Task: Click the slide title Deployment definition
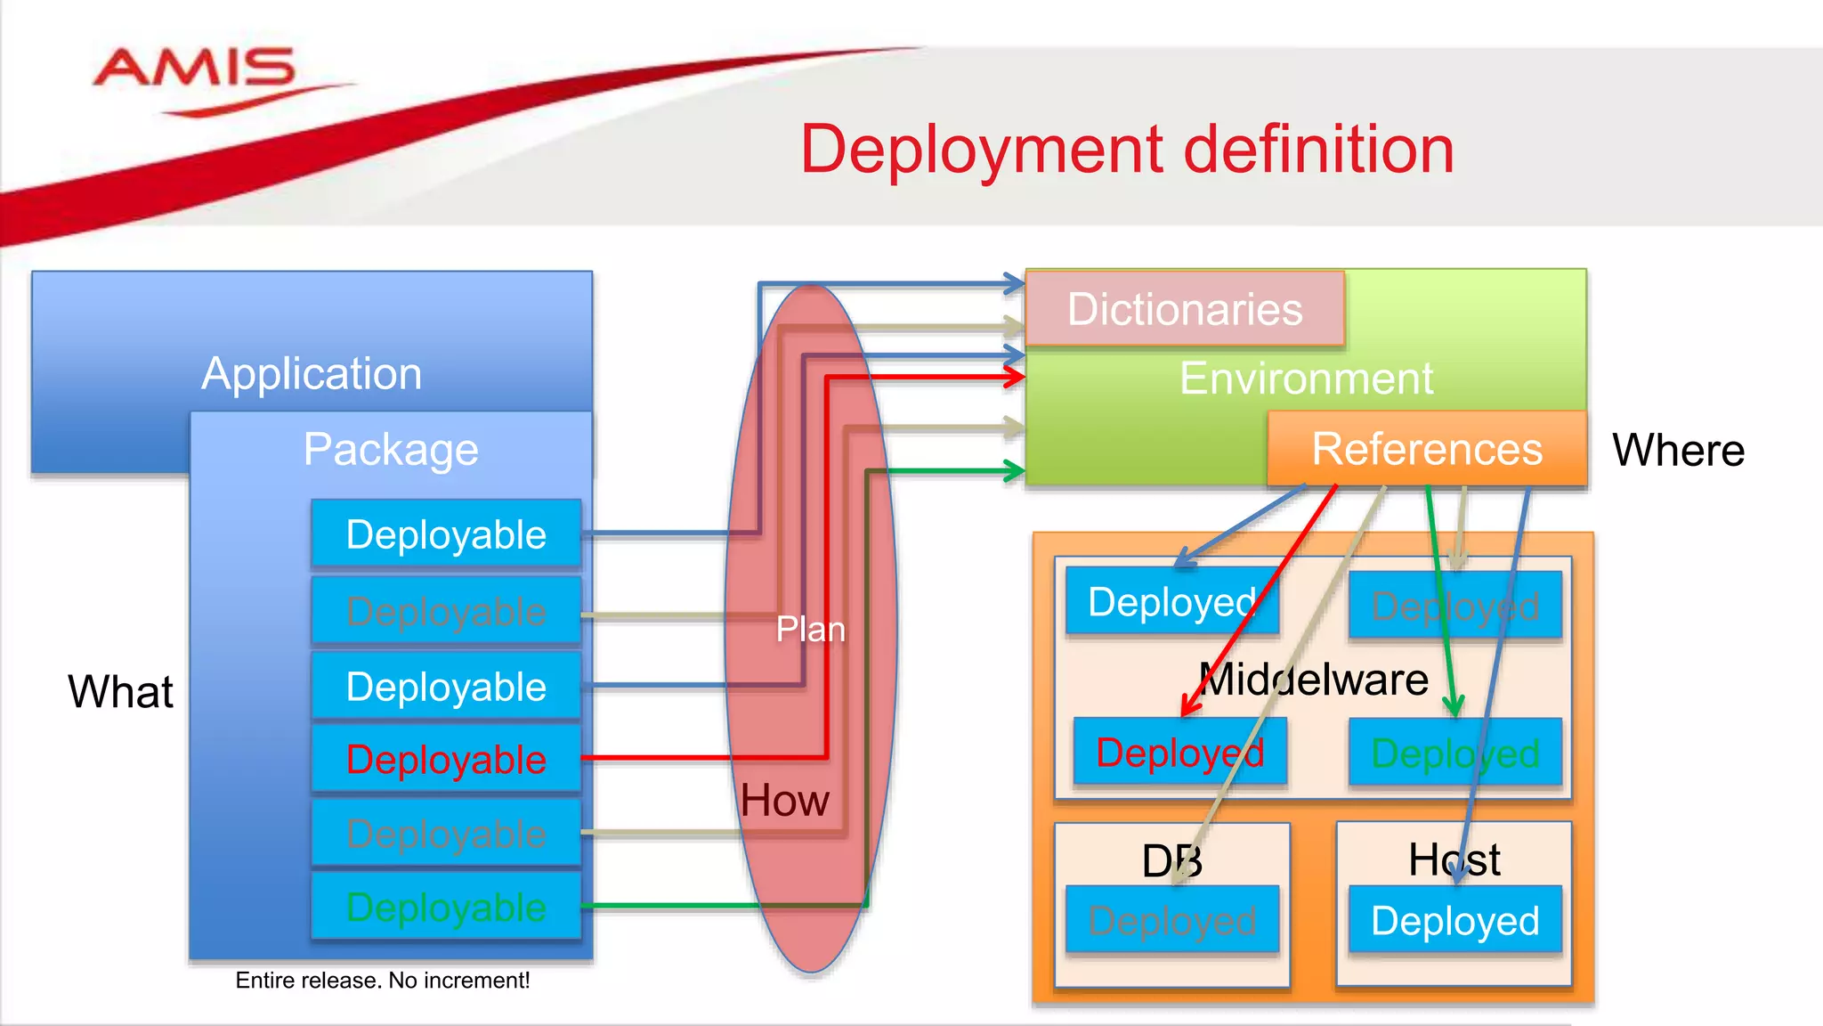(x=1126, y=150)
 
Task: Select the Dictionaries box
(x=1184, y=309)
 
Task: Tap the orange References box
(x=1426, y=448)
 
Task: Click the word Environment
(x=1306, y=379)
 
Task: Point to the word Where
(x=1678, y=450)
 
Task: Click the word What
(x=120, y=691)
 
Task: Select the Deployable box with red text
(x=445, y=760)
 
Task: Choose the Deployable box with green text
(x=445, y=907)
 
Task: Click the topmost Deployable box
(x=445, y=534)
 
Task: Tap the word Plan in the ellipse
(x=810, y=629)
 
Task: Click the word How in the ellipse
(x=784, y=800)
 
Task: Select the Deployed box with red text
(x=1179, y=753)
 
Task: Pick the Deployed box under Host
(x=1454, y=920)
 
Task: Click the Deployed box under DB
(x=1171, y=920)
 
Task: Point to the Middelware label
(x=1313, y=680)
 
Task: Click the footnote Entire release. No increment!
(x=382, y=980)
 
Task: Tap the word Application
(x=312, y=373)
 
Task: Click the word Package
(x=391, y=449)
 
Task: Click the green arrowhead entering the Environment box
(x=1014, y=471)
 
